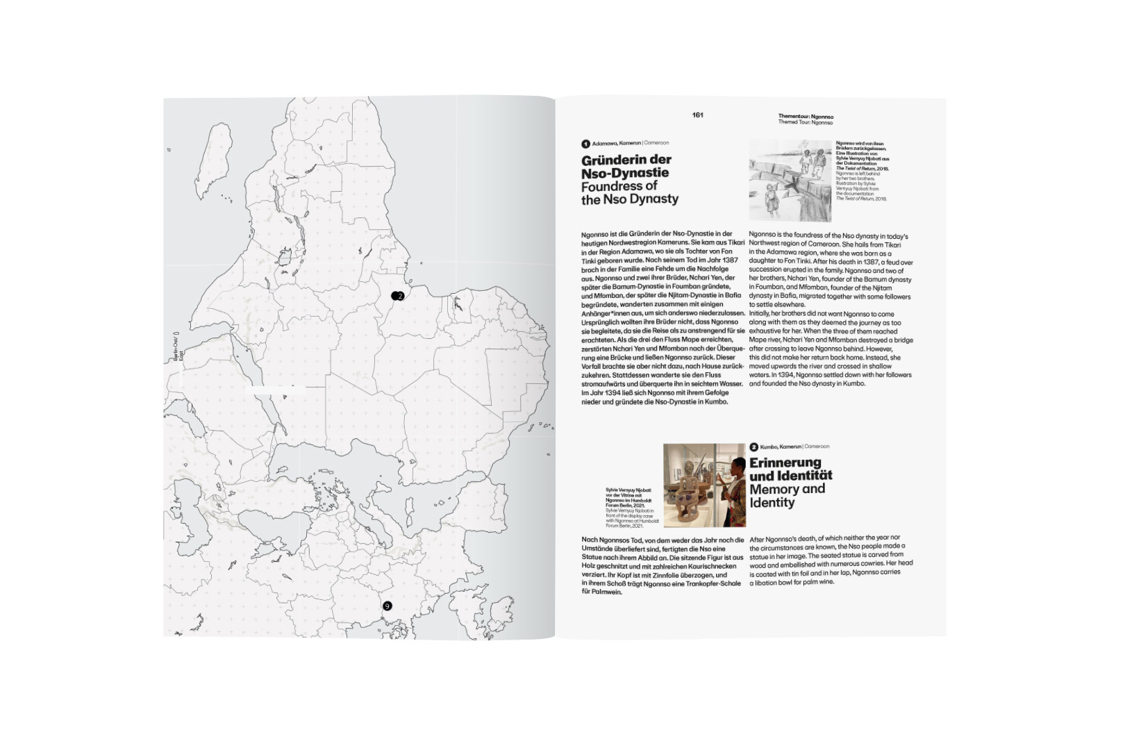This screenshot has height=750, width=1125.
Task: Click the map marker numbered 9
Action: [x=387, y=606]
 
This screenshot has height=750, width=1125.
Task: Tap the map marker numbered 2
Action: [x=399, y=296]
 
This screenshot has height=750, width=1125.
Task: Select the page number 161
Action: [x=697, y=115]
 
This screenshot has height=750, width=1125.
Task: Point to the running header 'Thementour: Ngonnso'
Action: [x=806, y=117]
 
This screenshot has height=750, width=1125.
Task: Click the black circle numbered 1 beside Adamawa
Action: [x=585, y=144]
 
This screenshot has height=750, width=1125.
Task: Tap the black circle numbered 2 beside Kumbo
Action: [x=753, y=447]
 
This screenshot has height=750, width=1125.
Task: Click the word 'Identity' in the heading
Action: [x=772, y=503]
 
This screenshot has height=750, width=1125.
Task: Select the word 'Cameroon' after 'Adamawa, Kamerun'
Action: [x=656, y=143]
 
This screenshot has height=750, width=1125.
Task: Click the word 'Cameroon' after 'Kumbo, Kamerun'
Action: [x=817, y=447]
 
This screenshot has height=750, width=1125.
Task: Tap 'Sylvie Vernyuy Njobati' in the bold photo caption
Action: [x=628, y=490]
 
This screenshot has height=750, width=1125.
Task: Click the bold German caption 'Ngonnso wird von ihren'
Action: [x=860, y=144]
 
